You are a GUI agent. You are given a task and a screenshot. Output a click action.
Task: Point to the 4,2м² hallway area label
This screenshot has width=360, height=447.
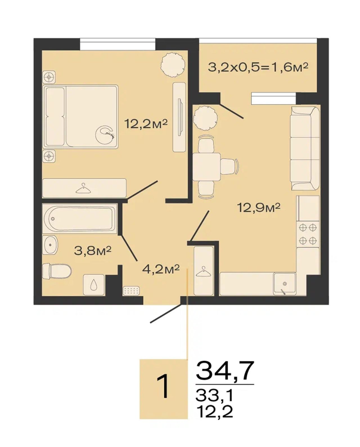[x=161, y=269]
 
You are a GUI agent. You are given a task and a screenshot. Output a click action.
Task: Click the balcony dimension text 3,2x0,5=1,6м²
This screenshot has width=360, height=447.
[x=258, y=68]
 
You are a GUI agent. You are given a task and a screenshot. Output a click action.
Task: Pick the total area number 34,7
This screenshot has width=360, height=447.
[x=225, y=370]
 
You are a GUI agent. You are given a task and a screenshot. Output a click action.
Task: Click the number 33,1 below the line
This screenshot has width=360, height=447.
[x=214, y=395]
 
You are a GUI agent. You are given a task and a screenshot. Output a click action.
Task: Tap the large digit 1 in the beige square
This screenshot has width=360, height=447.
[x=165, y=386]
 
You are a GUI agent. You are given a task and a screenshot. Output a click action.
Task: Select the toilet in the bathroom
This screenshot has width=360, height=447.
[x=57, y=271]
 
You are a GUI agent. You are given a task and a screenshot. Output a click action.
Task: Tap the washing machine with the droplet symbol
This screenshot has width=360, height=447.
[x=94, y=284]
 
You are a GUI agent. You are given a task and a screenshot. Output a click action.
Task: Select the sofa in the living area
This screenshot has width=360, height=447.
[x=305, y=148]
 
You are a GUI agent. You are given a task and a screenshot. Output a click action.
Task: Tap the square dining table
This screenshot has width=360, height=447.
[x=206, y=167]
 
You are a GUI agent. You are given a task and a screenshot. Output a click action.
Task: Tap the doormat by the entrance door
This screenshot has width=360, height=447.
[x=131, y=291]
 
